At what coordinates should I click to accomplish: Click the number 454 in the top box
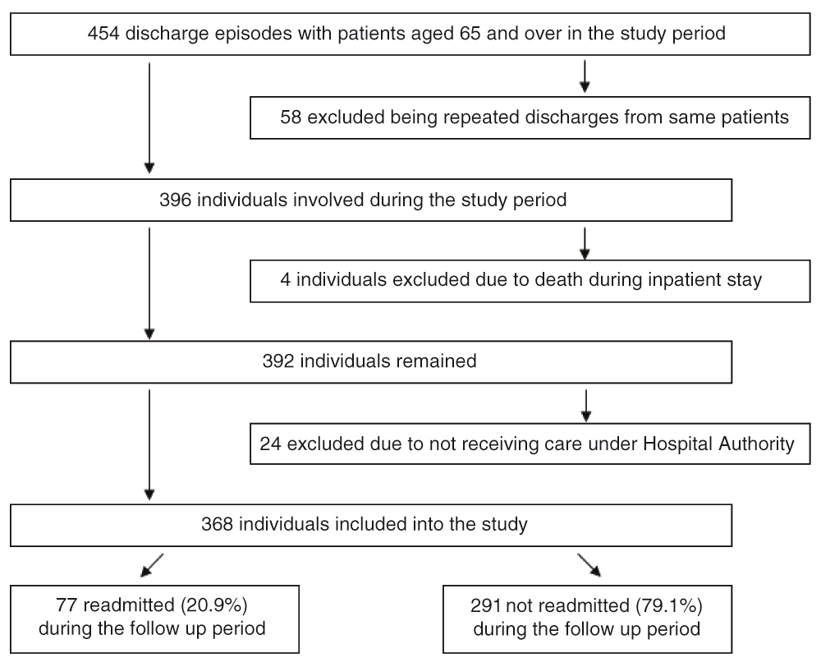(x=103, y=34)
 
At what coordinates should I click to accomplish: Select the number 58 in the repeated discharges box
(x=291, y=117)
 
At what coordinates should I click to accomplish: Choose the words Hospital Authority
(x=718, y=444)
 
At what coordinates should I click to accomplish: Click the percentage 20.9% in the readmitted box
(x=214, y=605)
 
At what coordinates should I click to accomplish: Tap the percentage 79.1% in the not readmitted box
(x=668, y=605)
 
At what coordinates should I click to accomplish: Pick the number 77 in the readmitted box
(x=67, y=605)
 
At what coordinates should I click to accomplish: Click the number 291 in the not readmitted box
(x=486, y=605)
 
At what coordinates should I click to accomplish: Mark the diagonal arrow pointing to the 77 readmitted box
(x=152, y=565)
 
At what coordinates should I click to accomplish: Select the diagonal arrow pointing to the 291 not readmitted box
(x=589, y=565)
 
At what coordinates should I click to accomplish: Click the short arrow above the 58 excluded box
(x=585, y=77)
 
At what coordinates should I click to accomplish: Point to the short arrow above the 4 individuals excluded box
(x=585, y=244)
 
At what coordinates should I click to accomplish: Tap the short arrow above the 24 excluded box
(x=586, y=406)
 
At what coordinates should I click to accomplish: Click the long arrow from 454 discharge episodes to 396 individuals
(x=149, y=118)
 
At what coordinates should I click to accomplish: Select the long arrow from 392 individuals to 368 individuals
(x=149, y=445)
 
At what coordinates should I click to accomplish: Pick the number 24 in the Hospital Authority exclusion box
(x=271, y=444)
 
